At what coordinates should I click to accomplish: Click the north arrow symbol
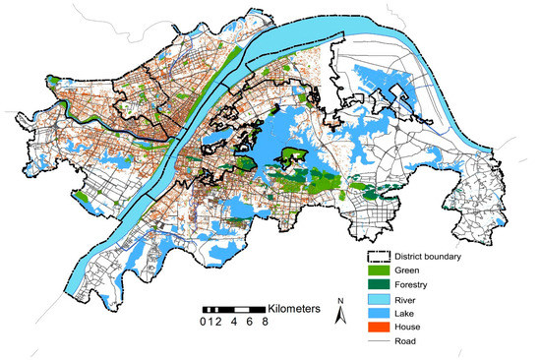pyautogui.click(x=339, y=314)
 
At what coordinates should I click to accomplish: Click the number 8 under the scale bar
pyautogui.click(x=266, y=322)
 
